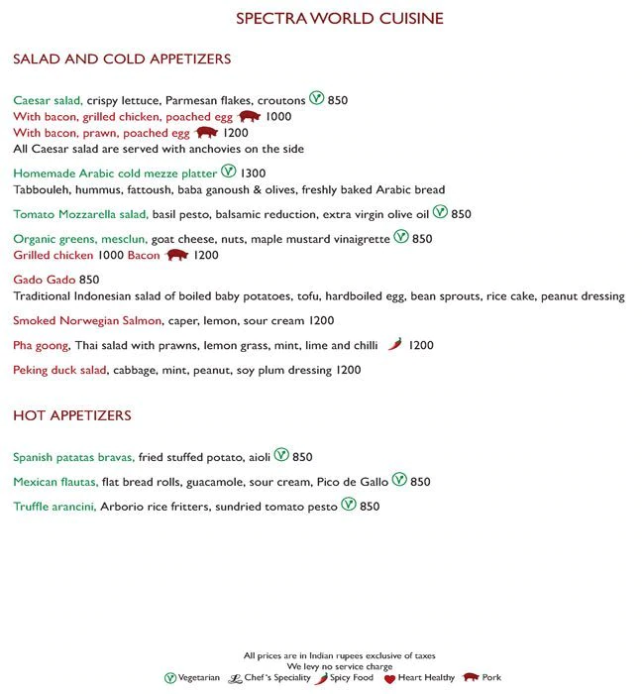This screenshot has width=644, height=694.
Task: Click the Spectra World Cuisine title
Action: (339, 19)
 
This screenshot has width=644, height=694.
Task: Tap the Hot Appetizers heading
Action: (72, 415)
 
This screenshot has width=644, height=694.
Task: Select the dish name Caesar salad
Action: (48, 100)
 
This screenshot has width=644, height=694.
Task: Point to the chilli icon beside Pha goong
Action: (395, 345)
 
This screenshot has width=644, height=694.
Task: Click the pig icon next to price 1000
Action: (250, 116)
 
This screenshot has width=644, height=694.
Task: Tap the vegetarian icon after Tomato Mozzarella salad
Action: (440, 213)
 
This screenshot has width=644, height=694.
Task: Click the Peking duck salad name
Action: (59, 370)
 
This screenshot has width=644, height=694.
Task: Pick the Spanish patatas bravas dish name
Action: (74, 457)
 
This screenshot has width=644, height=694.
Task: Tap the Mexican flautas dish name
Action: (55, 482)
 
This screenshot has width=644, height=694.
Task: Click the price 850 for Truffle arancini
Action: (370, 507)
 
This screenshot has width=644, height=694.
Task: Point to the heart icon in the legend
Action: (389, 679)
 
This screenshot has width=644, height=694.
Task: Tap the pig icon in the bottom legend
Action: (470, 678)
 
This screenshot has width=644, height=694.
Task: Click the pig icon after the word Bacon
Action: (176, 255)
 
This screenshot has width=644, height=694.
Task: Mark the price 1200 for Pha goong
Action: (421, 346)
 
